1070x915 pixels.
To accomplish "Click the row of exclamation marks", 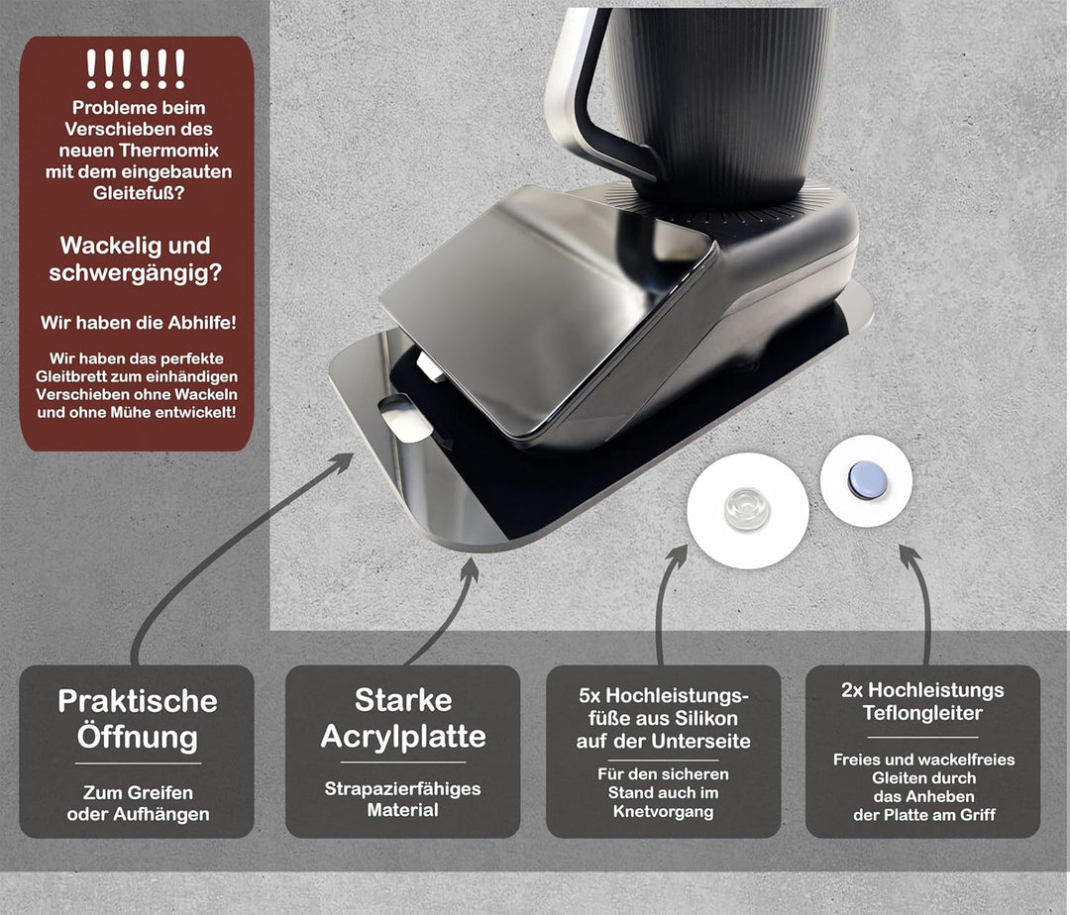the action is [x=136, y=69].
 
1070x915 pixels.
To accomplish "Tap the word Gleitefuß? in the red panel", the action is [x=139, y=193].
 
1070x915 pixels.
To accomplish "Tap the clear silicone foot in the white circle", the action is [x=747, y=508].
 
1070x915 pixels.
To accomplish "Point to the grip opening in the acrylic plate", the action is [x=405, y=418].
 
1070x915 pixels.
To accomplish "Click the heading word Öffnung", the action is [x=137, y=737].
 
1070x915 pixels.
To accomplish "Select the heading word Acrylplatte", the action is [x=403, y=737].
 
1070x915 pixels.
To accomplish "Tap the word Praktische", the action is [x=137, y=701].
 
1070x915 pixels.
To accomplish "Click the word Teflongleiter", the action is [x=922, y=713].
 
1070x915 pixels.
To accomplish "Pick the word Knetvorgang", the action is [x=663, y=811].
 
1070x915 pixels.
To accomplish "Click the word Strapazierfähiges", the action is [x=402, y=789].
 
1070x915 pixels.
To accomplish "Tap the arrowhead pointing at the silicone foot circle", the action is [x=677, y=556].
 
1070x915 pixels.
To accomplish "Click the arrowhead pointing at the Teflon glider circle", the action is [x=910, y=555].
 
